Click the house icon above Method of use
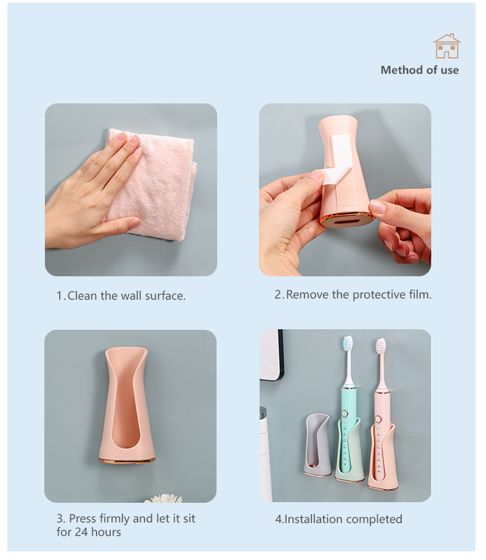pyautogui.click(x=447, y=46)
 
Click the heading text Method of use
pyautogui.click(x=420, y=70)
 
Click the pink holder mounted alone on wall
pyautogui.click(x=127, y=406)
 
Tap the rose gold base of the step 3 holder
pyautogui.click(x=127, y=461)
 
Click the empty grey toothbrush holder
pyautogui.click(x=317, y=445)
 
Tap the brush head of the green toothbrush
pyautogui.click(x=348, y=343)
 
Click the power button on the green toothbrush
pyautogui.click(x=345, y=414)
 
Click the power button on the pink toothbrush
pyautogui.click(x=378, y=419)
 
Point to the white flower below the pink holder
pyautogui.click(x=164, y=498)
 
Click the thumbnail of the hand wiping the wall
pyautogui.click(x=131, y=190)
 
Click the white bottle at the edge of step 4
pyautogui.click(x=265, y=454)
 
